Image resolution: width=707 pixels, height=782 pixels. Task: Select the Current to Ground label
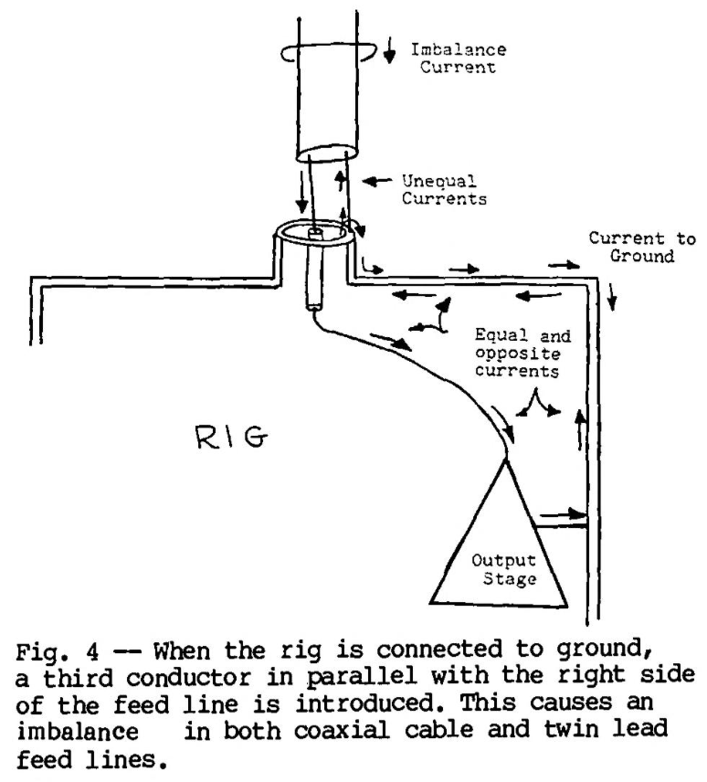(639, 248)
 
